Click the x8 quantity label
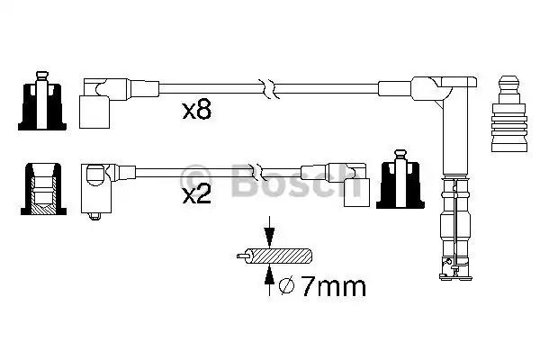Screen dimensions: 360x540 [196, 112]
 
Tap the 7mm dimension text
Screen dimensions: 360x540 [333, 288]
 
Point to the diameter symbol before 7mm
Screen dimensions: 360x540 [286, 288]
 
